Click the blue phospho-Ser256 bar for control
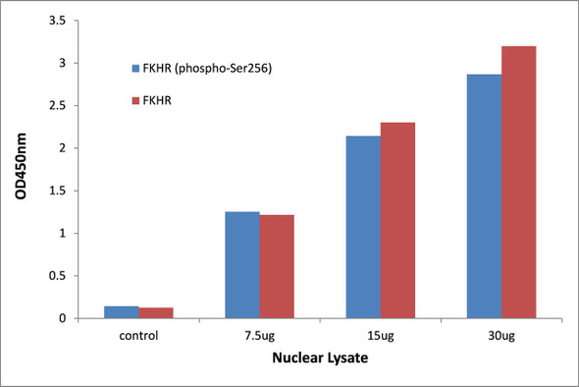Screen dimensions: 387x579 point(121,312)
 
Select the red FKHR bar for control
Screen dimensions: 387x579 point(155,313)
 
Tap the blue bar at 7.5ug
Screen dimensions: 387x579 point(242,265)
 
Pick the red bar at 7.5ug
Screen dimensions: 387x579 point(277,266)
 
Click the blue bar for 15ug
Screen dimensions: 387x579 point(363,227)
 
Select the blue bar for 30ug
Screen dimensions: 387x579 point(484,196)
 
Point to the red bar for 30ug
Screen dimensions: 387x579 point(519,182)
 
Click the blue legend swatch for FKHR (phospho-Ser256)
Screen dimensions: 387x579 point(136,69)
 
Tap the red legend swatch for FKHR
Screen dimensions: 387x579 point(136,100)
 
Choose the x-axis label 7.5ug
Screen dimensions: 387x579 point(259,335)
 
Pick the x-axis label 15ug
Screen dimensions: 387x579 point(381,335)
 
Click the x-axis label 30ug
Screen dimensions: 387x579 point(501,335)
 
